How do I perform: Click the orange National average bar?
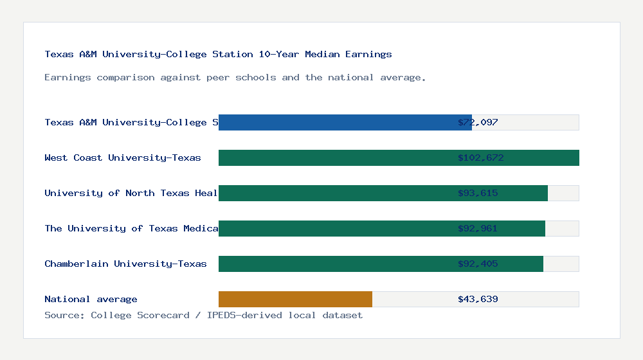coord(295,299)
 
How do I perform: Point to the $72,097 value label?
coord(478,122)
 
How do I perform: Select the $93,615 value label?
coord(478,193)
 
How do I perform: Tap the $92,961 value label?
coord(478,228)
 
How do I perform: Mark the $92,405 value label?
coord(478,264)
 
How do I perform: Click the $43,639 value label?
coord(478,299)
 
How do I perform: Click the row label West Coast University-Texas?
coord(122,157)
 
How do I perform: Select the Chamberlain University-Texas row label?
coord(125,264)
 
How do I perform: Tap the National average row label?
coord(91,299)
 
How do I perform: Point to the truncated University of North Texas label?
coord(131,193)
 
